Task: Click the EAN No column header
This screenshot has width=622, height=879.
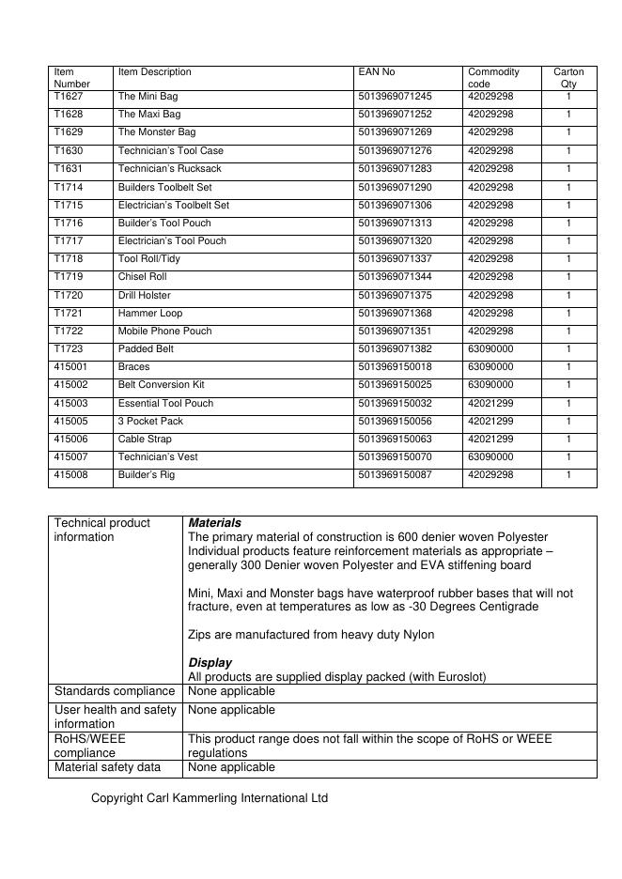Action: [x=377, y=72]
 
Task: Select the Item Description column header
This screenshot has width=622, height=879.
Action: [x=154, y=72]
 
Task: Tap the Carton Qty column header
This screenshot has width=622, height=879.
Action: [x=568, y=78]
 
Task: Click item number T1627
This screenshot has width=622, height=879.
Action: [x=69, y=97]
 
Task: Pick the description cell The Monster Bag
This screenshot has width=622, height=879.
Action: [x=157, y=132]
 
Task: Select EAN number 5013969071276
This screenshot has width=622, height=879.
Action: [x=396, y=151]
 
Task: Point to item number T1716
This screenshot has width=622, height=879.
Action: [x=69, y=224]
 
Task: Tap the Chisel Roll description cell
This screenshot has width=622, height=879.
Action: [x=142, y=277]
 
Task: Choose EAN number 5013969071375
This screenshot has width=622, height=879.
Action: [x=396, y=296]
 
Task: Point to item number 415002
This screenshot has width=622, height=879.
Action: [x=71, y=385]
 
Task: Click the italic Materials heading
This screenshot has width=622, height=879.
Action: [x=214, y=523]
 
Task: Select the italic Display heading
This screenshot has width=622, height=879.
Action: [x=210, y=663]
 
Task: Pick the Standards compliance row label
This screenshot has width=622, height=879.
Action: [x=116, y=692]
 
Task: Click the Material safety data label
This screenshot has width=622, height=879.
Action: [x=107, y=768]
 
